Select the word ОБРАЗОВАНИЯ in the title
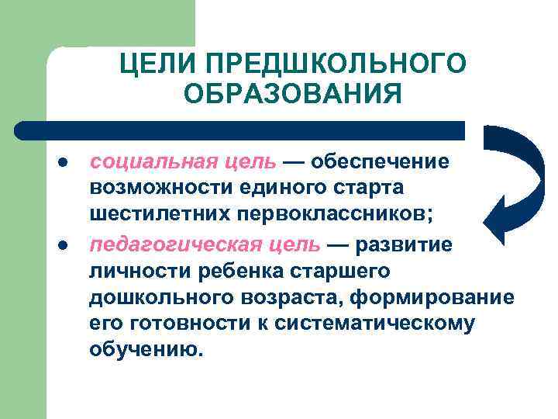click(x=294, y=95)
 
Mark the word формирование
click(x=436, y=298)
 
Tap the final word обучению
click(x=146, y=351)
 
